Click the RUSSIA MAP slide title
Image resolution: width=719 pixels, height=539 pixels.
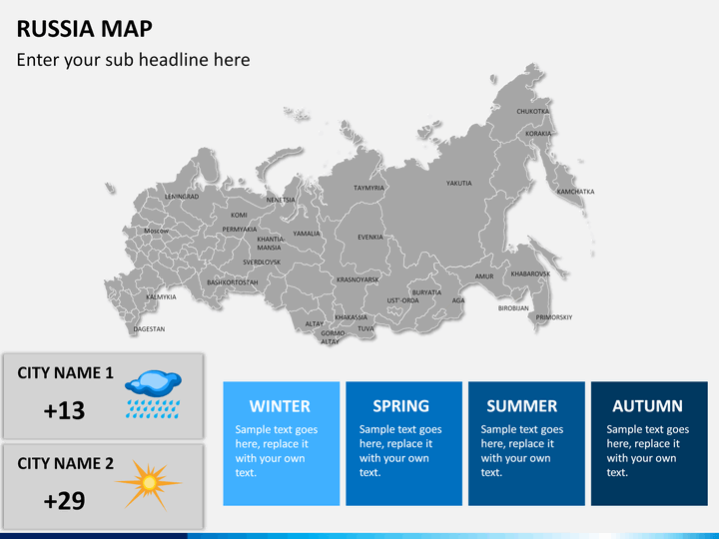point(85,27)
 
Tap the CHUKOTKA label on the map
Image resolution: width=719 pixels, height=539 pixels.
point(532,112)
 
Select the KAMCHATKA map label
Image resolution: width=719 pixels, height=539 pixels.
point(575,191)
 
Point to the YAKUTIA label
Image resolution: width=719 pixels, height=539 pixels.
point(459,184)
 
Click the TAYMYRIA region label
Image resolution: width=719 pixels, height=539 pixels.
point(368,188)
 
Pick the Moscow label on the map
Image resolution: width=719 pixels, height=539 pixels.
point(156,231)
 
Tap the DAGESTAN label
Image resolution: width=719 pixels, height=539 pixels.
point(149,328)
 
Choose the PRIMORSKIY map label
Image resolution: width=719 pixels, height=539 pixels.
point(554,317)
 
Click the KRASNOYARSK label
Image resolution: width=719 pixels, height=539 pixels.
point(358,279)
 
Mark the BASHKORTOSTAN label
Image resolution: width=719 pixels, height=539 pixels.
point(232,282)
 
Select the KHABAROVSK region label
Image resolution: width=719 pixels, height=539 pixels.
point(530,273)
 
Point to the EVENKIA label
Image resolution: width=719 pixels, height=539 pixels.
point(370,238)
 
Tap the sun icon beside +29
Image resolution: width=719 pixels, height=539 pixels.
point(149,484)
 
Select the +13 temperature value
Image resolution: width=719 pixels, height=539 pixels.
point(65,410)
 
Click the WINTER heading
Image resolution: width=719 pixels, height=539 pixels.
point(280,406)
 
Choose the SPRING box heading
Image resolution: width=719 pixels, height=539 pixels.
point(401,406)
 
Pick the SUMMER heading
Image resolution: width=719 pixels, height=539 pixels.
point(521,406)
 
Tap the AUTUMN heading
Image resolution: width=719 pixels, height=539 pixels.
point(648,406)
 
